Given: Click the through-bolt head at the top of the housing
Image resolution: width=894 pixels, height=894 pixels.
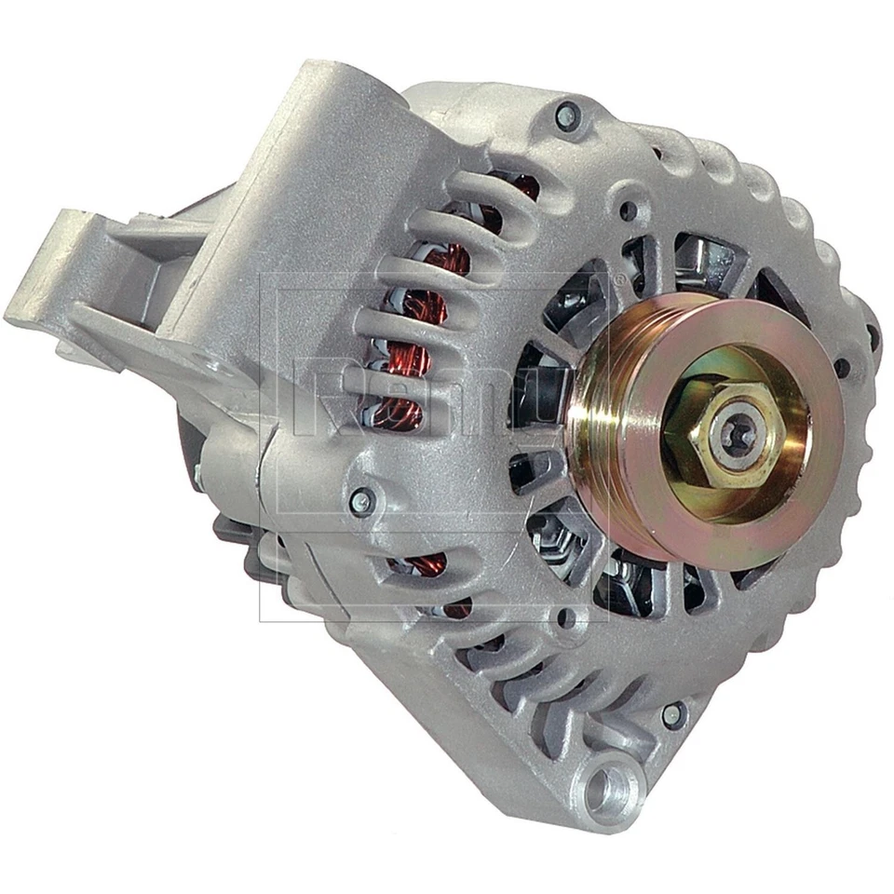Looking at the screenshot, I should (x=565, y=116).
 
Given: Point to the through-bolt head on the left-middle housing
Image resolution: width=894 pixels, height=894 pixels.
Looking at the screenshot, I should (x=361, y=501).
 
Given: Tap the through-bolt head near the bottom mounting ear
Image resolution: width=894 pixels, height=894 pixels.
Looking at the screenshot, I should (x=671, y=715).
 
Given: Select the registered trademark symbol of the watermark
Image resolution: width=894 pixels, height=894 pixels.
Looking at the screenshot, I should (x=616, y=278).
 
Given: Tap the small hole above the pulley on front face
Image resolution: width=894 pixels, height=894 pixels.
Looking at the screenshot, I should (x=629, y=211).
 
